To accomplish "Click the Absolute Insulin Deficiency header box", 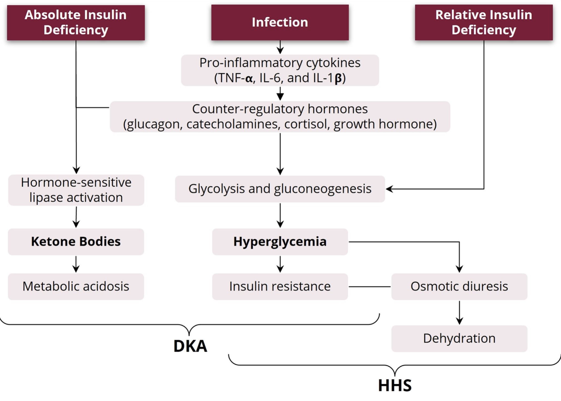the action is [x=76, y=23].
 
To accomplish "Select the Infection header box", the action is [x=280, y=22].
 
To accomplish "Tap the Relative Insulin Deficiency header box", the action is [x=484, y=22].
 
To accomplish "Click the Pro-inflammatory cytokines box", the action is [x=280, y=70].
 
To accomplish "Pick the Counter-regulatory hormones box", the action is [x=280, y=117].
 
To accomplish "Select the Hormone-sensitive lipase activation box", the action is [x=76, y=190].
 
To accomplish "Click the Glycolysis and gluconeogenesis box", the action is [x=280, y=189].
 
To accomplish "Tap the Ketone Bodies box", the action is [x=76, y=241].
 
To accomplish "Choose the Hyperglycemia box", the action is [x=280, y=241].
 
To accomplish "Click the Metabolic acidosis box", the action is [x=76, y=287].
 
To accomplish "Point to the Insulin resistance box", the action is [x=280, y=287].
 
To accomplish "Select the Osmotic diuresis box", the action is [x=459, y=287].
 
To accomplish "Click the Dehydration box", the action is [x=459, y=339].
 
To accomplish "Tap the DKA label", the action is [x=190, y=346].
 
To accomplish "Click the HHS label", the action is [x=395, y=385].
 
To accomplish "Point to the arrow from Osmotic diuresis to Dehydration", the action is [x=459, y=313].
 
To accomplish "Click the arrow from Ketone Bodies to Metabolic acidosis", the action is [x=76, y=264].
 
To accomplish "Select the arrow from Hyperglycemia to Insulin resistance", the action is [x=280, y=264].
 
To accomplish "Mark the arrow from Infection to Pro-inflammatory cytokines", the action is [x=280, y=47].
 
